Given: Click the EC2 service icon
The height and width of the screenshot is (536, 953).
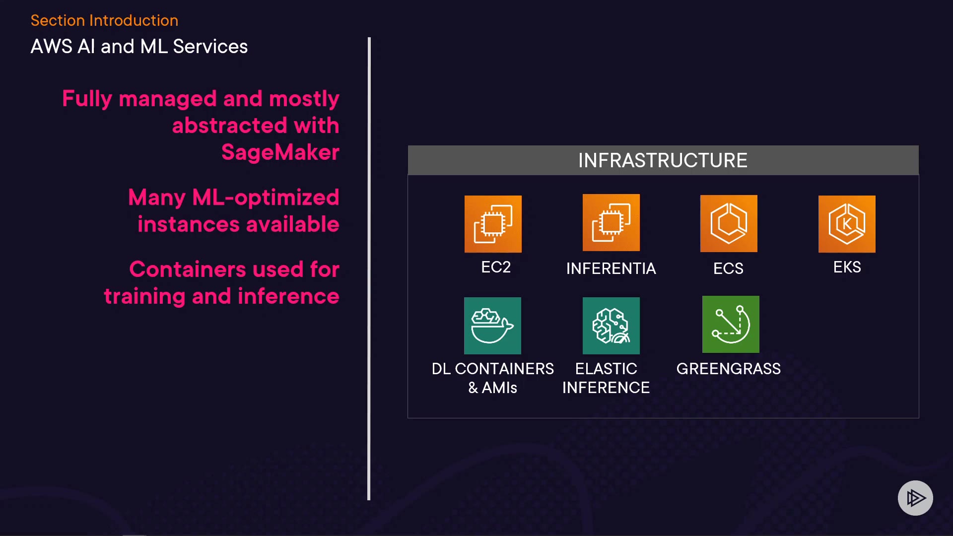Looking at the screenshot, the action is pos(493,224).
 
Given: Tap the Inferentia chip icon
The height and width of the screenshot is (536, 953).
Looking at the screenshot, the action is pos(611,222).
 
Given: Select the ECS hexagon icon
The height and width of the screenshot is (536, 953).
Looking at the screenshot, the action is pos(729,223).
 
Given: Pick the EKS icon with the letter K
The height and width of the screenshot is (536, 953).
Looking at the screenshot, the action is pos(847,224).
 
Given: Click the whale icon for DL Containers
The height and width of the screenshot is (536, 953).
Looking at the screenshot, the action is pos(492,326).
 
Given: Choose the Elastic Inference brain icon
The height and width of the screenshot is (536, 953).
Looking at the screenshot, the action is pos(611,326).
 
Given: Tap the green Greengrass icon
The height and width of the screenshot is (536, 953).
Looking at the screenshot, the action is pos(731,324).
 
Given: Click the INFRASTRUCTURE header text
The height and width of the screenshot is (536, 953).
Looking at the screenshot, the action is pos(663,160).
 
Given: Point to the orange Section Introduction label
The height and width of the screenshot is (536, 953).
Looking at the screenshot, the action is pos(104,20).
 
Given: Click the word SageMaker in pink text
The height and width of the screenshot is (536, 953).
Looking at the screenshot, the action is pos(280,152).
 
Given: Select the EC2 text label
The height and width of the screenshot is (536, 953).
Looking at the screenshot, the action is pos(496,267).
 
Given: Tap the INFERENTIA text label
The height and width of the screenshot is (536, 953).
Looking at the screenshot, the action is pos(611,268).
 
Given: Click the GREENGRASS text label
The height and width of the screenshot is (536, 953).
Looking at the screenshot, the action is pos(729,369).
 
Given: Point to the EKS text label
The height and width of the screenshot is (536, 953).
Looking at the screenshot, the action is pos(847,267).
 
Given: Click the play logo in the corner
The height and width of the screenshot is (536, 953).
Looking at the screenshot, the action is pos(915,498).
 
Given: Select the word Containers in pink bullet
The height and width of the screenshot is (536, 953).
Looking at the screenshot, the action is pos(188,269).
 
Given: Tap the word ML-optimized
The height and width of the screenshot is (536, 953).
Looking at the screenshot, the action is pos(266,198).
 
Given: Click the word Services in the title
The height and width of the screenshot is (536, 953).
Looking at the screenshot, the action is pos(210,47).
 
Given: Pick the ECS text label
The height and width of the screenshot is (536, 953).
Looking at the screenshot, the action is pos(728,268).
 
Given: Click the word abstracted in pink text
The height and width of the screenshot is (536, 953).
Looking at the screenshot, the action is pos(230,125).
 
